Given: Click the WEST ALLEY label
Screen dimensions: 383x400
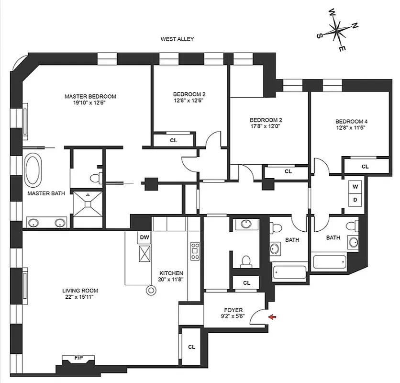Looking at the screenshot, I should pos(177,39).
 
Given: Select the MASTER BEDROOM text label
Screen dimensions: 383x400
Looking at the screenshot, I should pos(90,96).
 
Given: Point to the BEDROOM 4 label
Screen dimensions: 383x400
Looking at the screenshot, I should pos(351,121).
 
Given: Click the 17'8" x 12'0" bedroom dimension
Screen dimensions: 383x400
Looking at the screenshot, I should pos(265,127).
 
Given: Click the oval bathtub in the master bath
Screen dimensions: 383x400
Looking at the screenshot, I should pos(33,170).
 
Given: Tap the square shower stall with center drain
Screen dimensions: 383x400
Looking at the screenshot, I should pos(88,204).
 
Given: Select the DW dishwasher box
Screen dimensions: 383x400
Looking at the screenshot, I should pos(144,237).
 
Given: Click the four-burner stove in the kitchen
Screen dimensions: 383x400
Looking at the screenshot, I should pos(195,250).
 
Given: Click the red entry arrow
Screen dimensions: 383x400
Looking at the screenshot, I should pos(272,316).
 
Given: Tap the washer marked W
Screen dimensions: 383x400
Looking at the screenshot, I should pos(355,186).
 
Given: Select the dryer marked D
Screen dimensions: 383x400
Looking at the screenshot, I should pos(355,199).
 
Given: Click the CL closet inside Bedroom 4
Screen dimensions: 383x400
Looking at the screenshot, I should pos(365,167).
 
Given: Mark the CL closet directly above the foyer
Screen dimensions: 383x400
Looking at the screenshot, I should pos(246,283).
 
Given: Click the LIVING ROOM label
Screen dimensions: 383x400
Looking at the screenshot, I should pos(78,290).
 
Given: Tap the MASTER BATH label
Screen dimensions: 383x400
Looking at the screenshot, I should pos(43,193).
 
